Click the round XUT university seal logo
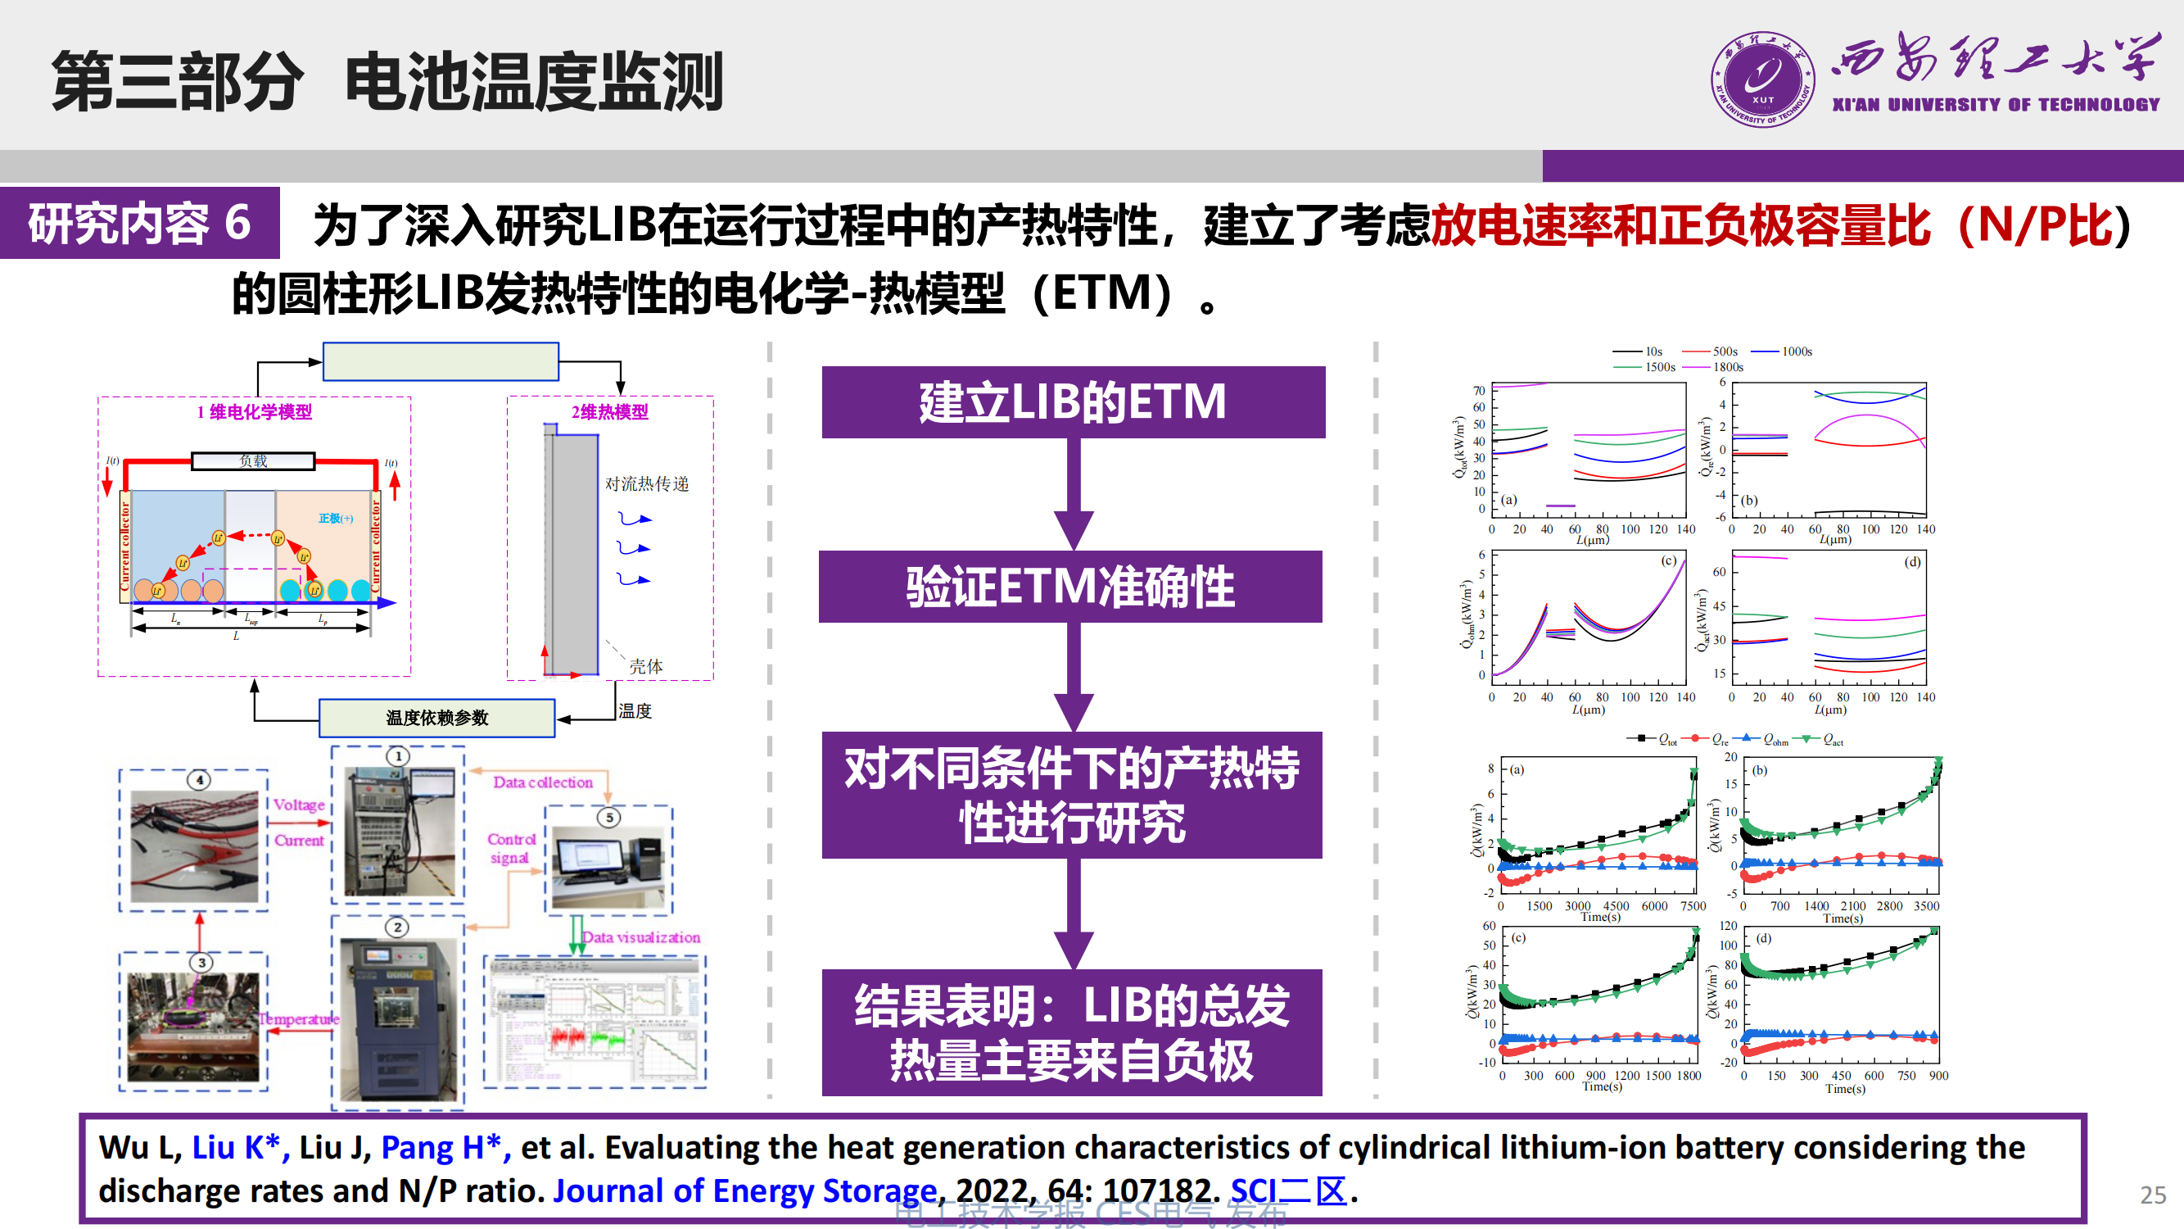(1762, 79)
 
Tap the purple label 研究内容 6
(140, 223)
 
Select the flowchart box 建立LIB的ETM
(1074, 402)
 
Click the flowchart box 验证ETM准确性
(1071, 587)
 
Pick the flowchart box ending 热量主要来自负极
(1072, 1032)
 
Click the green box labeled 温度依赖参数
(436, 718)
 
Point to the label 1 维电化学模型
(255, 412)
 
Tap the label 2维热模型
(609, 412)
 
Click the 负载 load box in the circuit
(254, 461)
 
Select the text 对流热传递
(647, 484)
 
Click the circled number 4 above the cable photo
(199, 779)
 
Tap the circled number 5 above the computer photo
(608, 818)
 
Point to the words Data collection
(543, 782)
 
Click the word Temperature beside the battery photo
(298, 1018)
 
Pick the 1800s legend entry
(1727, 367)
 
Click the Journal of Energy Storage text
(744, 1190)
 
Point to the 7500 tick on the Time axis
(1693, 906)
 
